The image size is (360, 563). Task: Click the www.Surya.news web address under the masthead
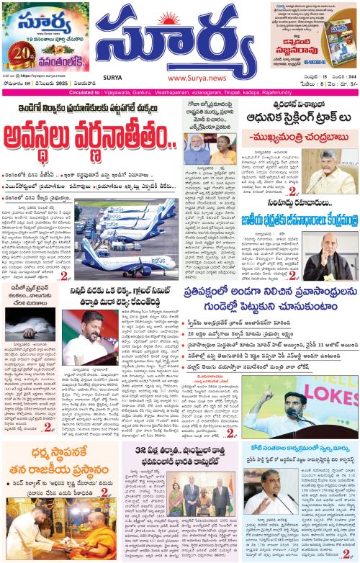[x=186, y=77]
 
